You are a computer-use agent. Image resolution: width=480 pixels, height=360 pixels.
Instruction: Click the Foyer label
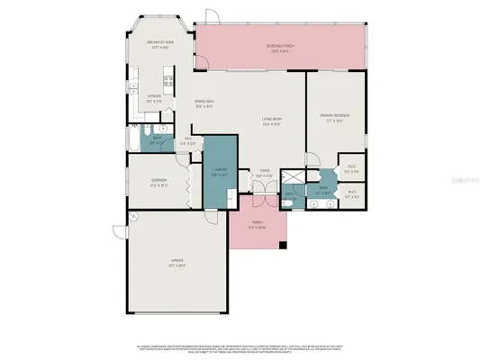tap(265, 171)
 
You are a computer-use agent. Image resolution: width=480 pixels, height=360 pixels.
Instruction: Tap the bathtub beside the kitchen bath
tap(136, 139)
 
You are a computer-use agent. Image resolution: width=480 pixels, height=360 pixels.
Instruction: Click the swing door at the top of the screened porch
tap(209, 16)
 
